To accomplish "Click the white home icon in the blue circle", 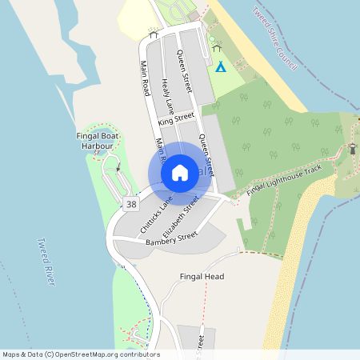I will (180, 173).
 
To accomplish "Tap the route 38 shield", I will (130, 206).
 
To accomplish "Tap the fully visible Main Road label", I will (146, 78).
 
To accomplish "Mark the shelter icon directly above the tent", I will (217, 48).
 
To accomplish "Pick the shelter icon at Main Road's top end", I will (153, 34).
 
